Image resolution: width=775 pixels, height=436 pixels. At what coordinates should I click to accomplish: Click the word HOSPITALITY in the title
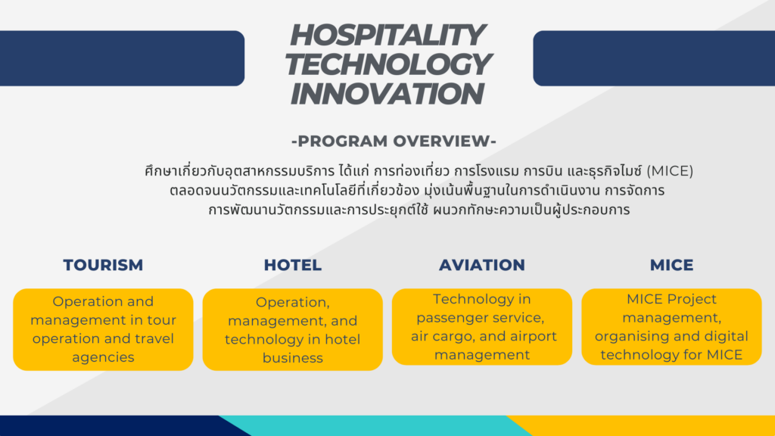387,35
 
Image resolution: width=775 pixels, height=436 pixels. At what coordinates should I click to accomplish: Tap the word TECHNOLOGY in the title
387,64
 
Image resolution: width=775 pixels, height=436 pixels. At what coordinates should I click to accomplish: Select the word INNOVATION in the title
387,93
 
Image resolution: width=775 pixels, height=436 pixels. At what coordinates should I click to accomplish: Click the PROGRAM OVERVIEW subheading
394,141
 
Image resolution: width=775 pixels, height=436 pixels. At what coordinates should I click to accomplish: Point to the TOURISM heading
103,265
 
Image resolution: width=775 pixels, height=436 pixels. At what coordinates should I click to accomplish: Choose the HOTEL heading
293,265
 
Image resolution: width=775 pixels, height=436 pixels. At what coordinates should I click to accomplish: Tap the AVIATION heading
482,265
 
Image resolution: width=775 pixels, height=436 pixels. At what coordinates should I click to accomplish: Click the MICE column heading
671,265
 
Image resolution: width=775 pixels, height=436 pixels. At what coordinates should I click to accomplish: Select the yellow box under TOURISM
103,329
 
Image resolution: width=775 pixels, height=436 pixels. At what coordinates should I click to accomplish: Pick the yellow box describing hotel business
293,329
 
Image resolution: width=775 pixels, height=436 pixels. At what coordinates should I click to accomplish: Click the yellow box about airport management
482,327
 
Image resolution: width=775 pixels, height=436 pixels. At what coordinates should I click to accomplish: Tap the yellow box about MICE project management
671,327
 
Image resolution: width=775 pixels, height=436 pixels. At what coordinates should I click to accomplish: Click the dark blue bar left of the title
122,58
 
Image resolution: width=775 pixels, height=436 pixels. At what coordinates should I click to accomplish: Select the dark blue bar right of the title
654,58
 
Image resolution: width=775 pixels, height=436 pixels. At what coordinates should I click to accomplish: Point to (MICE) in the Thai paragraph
670,171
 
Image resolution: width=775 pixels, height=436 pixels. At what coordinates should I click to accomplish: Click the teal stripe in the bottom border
375,425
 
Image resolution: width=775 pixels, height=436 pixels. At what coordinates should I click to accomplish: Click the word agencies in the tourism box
103,357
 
